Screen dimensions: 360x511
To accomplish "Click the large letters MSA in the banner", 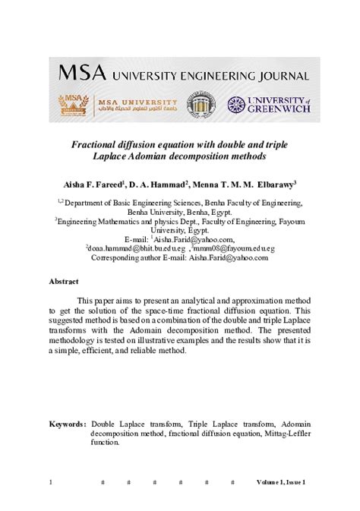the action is [x=81, y=74].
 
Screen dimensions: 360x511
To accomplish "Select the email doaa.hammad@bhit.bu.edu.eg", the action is [x=135, y=248].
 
